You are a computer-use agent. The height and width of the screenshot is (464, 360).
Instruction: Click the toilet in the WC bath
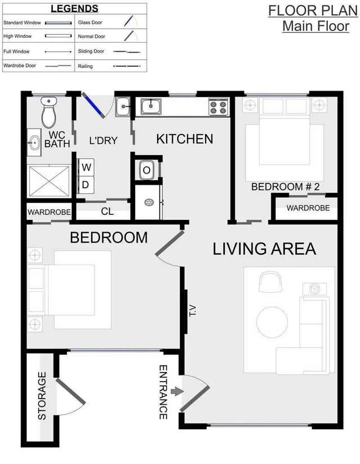coord(49,113)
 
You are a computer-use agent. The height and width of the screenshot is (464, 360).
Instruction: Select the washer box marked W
coord(86,167)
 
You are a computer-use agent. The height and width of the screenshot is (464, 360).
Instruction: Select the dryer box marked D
coord(86,184)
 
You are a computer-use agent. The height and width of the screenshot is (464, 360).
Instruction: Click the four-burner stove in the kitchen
coord(219,107)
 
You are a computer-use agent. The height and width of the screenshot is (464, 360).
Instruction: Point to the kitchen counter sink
coord(151,105)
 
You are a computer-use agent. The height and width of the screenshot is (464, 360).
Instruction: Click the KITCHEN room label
coord(184,139)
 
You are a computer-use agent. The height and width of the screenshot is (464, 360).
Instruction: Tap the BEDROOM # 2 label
coord(285,187)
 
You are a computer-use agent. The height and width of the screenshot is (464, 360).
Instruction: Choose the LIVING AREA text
coord(264,249)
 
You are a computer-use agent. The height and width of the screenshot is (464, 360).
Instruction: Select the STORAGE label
coord(42,395)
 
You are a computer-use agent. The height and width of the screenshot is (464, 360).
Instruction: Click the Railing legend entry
coord(107,66)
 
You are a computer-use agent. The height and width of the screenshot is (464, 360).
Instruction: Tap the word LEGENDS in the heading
coord(74,8)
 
